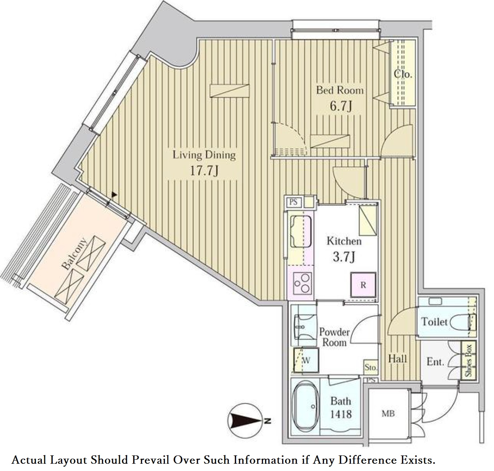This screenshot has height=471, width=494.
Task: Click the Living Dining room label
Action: click(x=204, y=155)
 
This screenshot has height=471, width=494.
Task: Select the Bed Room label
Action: click(x=340, y=90)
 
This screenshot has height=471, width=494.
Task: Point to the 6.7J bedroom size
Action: click(x=340, y=106)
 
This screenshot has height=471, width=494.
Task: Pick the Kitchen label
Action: click(x=344, y=241)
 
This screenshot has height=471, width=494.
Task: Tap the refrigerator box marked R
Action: click(x=363, y=285)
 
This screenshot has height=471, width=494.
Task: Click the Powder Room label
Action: click(x=335, y=337)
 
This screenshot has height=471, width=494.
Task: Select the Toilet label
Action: click(x=434, y=322)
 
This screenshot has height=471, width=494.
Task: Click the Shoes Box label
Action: click(x=468, y=361)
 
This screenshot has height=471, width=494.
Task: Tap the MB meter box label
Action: click(x=388, y=414)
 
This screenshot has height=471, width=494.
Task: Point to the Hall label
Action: click(x=397, y=359)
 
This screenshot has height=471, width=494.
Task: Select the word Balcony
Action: click(x=74, y=254)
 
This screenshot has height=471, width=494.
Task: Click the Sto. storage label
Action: click(x=370, y=368)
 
